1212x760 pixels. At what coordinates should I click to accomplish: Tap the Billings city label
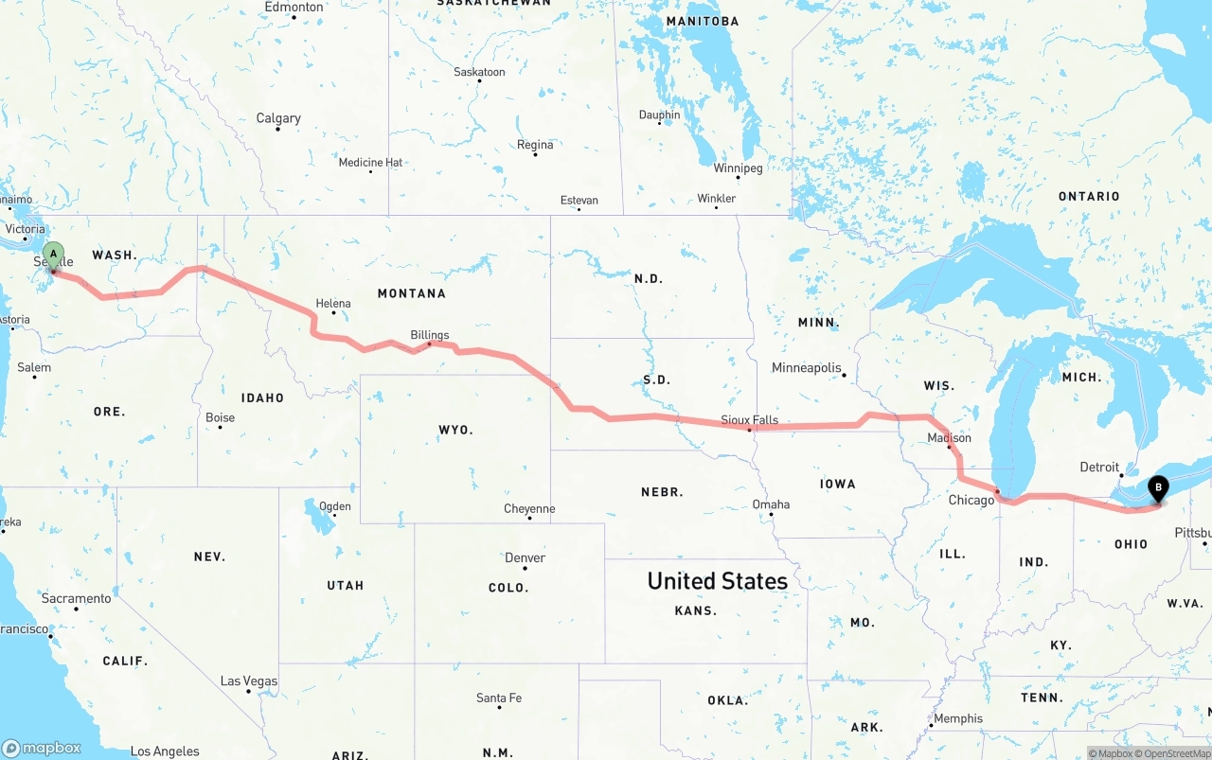(x=430, y=335)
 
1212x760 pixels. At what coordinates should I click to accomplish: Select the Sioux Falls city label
(x=749, y=419)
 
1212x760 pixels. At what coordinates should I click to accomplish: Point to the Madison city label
(x=949, y=438)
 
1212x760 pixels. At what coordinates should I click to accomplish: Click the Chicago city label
(x=971, y=500)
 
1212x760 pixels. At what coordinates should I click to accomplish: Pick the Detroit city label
(x=1100, y=468)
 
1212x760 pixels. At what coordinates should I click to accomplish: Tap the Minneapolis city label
(x=806, y=367)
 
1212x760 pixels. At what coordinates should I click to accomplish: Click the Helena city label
(x=333, y=304)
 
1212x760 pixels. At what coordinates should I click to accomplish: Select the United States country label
(x=717, y=581)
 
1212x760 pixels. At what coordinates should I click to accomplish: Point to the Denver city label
(x=525, y=557)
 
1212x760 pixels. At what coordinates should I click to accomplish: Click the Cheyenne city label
(x=529, y=509)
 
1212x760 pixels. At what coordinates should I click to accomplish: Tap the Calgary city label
(x=278, y=118)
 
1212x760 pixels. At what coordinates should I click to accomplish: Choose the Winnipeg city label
(x=738, y=168)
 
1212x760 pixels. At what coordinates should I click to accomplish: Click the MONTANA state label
(x=411, y=293)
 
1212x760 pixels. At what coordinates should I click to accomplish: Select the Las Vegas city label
(x=249, y=681)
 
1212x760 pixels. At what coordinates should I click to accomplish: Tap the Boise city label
(x=220, y=417)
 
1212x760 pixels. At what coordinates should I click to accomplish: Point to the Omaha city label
(x=771, y=504)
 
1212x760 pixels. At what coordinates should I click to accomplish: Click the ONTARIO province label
(x=1089, y=196)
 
